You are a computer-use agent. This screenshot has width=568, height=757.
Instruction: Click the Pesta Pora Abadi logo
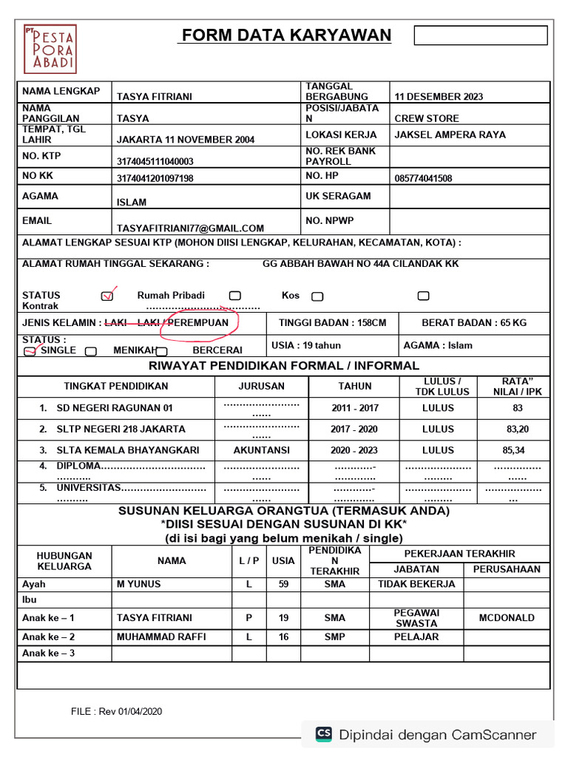click(50, 49)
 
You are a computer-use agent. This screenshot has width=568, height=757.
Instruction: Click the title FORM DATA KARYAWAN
click(286, 35)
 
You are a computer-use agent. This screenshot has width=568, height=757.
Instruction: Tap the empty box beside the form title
click(480, 35)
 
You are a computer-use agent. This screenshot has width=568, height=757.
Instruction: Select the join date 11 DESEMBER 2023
click(439, 97)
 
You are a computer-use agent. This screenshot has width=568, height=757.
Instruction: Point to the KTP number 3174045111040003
click(155, 161)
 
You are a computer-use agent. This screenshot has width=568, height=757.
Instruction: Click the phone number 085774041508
click(423, 178)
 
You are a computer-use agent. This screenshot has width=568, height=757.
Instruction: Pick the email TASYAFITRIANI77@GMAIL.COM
click(190, 228)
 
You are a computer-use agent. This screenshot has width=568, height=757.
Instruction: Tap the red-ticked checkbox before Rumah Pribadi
click(107, 296)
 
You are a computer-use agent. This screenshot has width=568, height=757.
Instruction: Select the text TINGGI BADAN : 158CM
click(332, 323)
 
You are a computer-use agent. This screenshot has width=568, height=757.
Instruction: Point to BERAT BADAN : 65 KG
click(474, 323)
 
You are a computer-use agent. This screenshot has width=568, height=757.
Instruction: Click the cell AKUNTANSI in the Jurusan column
click(261, 450)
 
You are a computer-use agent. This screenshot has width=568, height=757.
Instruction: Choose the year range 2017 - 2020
click(354, 429)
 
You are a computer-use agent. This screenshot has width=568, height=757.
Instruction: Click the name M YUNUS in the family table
click(138, 584)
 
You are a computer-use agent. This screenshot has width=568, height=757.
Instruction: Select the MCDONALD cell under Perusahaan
click(506, 618)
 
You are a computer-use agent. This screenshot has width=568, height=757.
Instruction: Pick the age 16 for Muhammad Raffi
click(283, 637)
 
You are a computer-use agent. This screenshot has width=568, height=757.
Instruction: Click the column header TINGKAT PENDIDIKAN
click(115, 386)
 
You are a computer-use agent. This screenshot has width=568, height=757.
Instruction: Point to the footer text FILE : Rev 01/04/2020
click(117, 712)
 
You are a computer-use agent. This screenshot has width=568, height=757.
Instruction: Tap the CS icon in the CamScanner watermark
click(324, 734)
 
